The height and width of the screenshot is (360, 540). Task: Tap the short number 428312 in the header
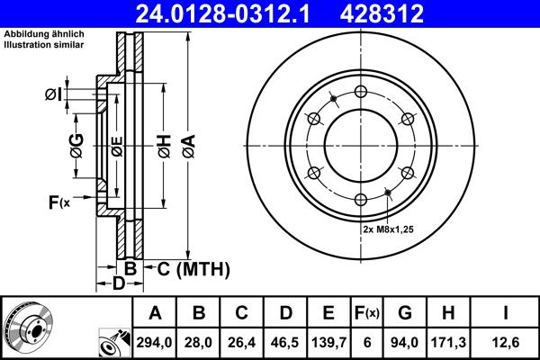(391, 13)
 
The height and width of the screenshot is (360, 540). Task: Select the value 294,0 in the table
(156, 341)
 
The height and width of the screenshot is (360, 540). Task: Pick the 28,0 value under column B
(199, 341)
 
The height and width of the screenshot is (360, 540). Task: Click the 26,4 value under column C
(242, 341)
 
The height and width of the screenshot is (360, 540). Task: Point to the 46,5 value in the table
(285, 341)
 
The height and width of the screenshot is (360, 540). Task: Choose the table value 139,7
(328, 341)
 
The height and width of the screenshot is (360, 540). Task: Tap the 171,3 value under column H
(447, 341)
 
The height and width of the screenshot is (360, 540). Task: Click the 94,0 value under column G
(404, 341)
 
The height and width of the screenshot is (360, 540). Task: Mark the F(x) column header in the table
(366, 314)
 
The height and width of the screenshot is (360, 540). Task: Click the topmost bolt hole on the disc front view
(361, 91)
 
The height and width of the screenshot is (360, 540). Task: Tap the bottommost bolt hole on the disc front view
(361, 199)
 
